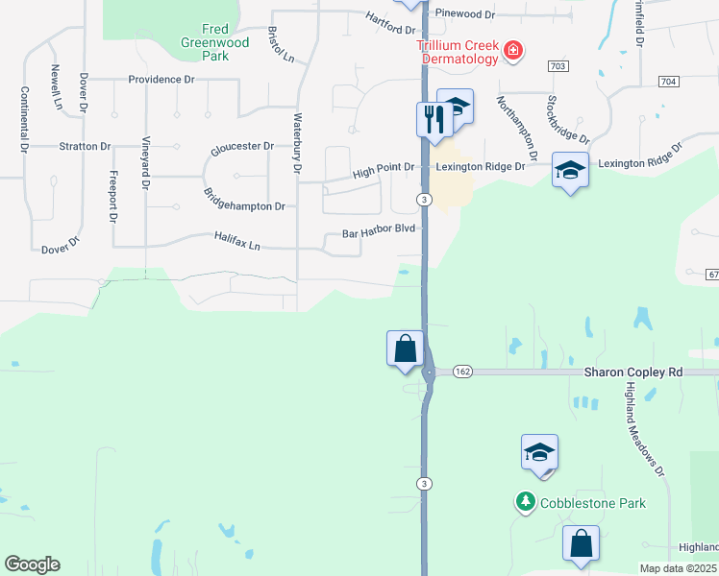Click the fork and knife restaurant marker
[x=434, y=120]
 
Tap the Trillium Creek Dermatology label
[x=459, y=53]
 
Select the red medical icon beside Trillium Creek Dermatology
[x=513, y=50]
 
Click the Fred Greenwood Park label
[x=213, y=43]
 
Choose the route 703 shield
[x=557, y=65]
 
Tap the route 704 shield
[x=669, y=82]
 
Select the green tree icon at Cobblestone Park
[x=525, y=501]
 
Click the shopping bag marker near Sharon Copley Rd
[x=405, y=348]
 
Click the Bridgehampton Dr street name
[x=244, y=199]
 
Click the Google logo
[x=32, y=564]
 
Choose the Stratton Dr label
[x=85, y=146]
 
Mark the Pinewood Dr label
[x=464, y=14]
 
